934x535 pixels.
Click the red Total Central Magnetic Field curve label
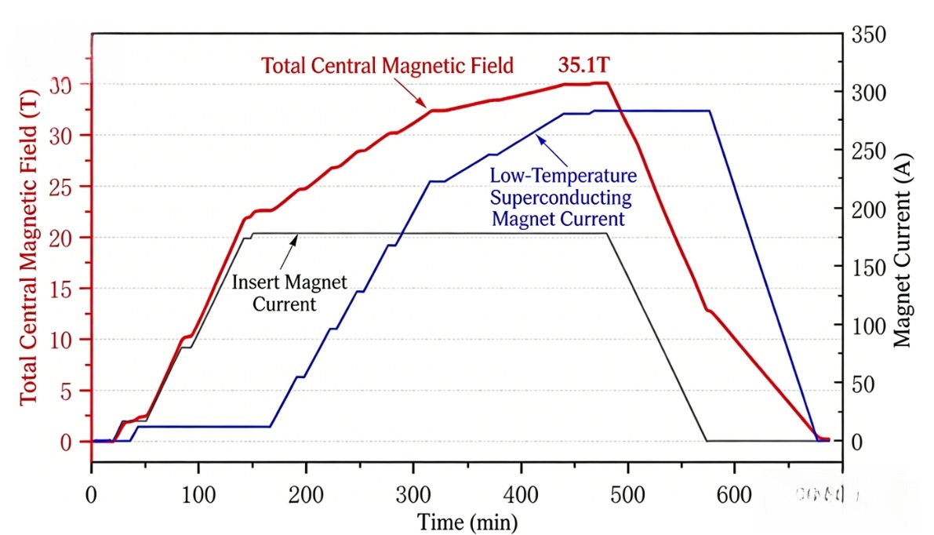pyautogui.click(x=387, y=65)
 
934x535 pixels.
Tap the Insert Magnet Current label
pyautogui.click(x=289, y=292)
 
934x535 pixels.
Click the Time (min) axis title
pyautogui.click(x=467, y=521)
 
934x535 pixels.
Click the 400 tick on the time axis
pyautogui.click(x=521, y=496)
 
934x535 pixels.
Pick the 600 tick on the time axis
pyautogui.click(x=734, y=496)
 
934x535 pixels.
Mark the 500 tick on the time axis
pyautogui.click(x=627, y=496)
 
